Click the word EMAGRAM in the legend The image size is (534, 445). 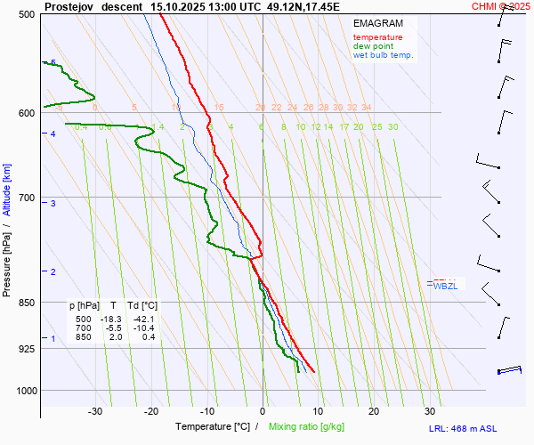(x=376, y=22)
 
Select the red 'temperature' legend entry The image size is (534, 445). (x=377, y=37)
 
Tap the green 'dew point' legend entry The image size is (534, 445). (x=374, y=46)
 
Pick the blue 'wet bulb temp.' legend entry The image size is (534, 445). (x=383, y=55)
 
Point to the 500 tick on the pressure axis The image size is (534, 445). (x=26, y=14)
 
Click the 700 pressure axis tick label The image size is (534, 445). (x=26, y=197)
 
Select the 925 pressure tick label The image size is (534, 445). (x=26, y=348)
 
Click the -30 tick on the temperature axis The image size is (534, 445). (x=95, y=411)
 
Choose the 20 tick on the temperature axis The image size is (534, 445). (x=374, y=411)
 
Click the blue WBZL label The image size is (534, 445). (x=445, y=286)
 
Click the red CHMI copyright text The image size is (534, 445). (x=501, y=5)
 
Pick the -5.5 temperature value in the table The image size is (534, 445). (x=111, y=328)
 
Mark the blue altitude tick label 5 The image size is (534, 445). (x=53, y=62)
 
